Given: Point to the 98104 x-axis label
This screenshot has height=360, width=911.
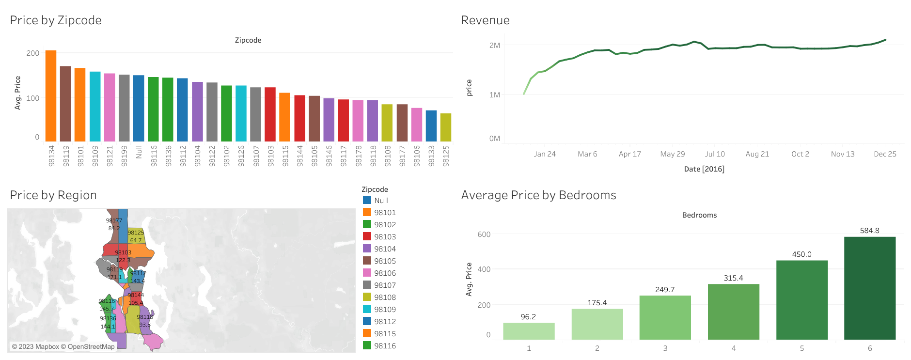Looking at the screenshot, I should (x=197, y=156).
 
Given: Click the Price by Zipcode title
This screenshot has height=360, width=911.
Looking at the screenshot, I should (x=56, y=20).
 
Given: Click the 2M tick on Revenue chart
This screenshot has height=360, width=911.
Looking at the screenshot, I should (x=494, y=46).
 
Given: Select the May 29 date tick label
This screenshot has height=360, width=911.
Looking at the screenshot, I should (x=672, y=154).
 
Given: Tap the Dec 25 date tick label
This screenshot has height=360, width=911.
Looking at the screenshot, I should (x=885, y=154).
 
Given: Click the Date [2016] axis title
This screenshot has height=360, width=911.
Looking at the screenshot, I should (x=704, y=169).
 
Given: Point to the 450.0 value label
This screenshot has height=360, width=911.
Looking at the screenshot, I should (x=801, y=254).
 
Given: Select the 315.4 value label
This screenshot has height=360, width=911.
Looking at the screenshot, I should (x=733, y=278).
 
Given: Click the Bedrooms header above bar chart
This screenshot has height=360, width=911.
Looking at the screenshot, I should (x=699, y=215).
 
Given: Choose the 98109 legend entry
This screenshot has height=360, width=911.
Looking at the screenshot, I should (x=385, y=310).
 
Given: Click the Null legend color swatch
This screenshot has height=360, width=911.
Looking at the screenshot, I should (x=367, y=200).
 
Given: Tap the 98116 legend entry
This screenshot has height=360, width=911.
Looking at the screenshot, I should (x=385, y=346).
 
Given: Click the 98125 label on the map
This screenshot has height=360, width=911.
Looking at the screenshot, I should (x=136, y=233).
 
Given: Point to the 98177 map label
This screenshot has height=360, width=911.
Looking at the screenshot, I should (x=114, y=220).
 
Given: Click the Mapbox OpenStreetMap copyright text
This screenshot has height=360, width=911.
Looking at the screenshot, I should (x=63, y=347).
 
